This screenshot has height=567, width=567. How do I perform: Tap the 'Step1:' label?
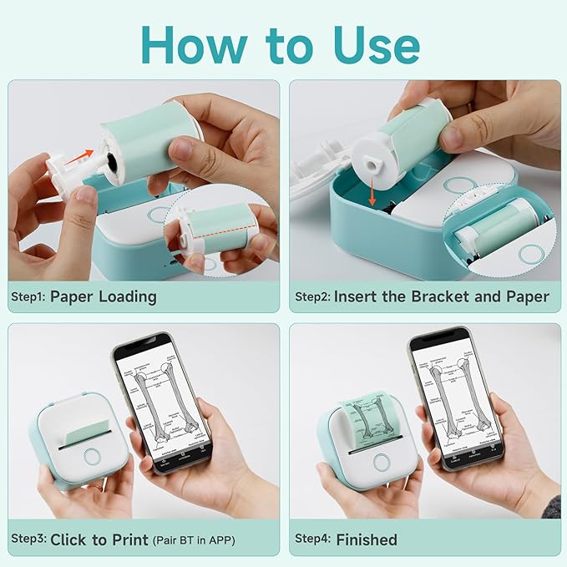28,296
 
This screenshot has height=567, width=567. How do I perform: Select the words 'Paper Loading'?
103,296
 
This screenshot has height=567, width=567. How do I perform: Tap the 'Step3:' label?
28,539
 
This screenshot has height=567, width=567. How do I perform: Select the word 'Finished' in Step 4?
367,539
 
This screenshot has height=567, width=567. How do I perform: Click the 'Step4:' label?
312,539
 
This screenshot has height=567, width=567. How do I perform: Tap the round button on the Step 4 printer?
382,463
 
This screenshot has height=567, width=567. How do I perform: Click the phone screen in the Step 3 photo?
160,402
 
